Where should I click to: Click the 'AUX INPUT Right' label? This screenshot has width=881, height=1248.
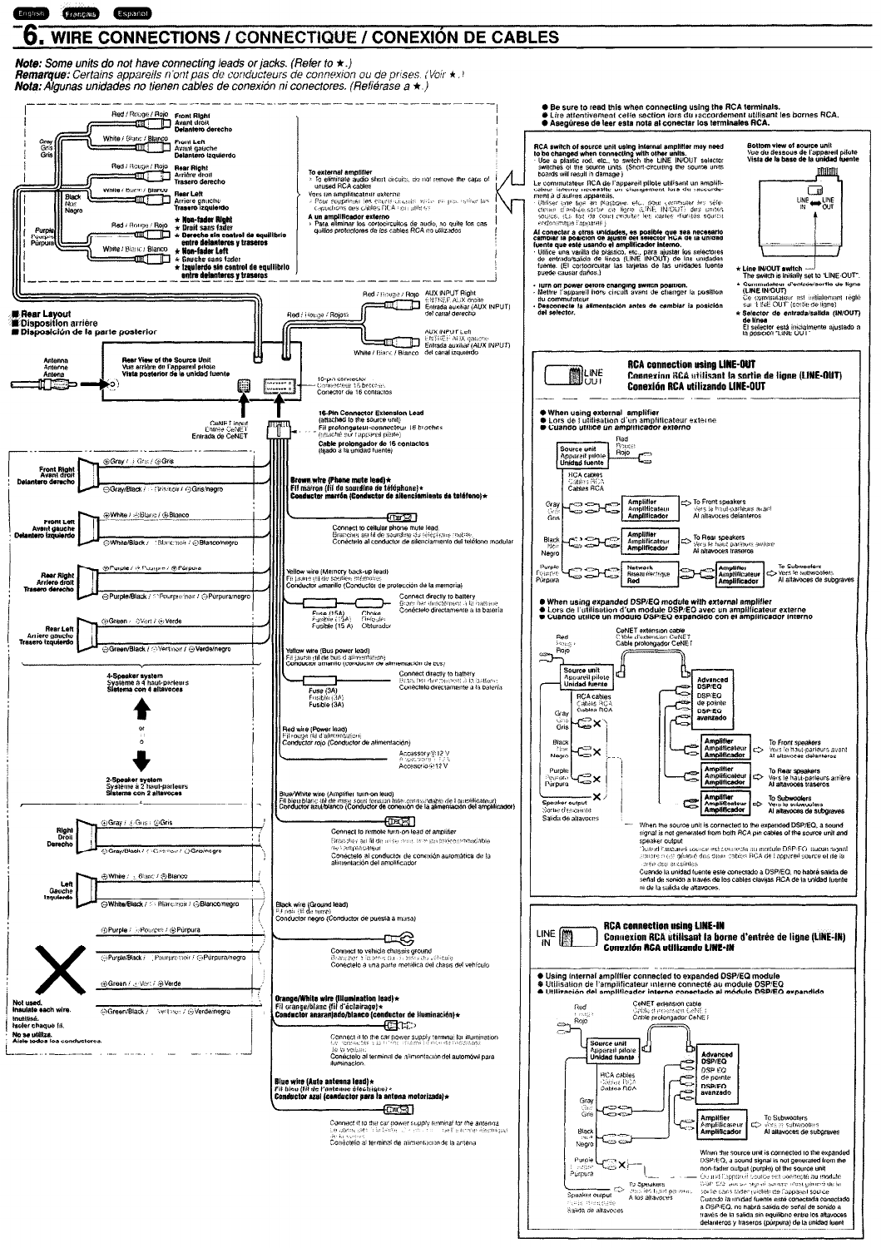click(x=449, y=294)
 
